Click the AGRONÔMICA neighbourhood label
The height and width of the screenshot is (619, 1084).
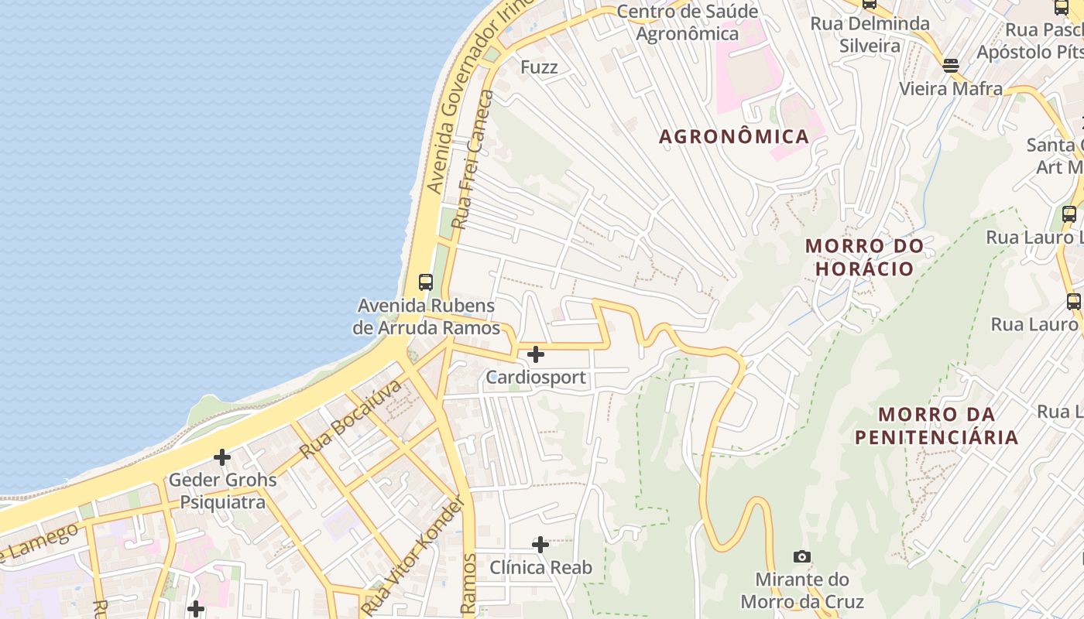point(733,137)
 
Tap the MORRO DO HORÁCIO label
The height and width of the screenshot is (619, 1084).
point(864,258)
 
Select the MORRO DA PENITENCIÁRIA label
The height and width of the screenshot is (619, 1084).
point(936,426)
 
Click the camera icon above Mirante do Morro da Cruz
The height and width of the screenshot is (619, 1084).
point(802,556)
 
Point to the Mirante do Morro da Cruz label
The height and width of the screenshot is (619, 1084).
point(802,590)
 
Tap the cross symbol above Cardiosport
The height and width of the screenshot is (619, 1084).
point(535,355)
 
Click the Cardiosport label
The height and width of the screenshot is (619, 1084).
point(536,378)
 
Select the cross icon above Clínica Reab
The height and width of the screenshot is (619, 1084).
point(540,545)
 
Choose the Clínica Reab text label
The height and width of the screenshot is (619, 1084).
point(540,568)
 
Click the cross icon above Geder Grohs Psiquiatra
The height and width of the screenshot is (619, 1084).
point(222,457)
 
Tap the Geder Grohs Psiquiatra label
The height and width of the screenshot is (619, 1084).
point(222,491)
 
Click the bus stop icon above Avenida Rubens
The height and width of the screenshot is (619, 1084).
point(425,282)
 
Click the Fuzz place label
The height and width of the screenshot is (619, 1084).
point(539,67)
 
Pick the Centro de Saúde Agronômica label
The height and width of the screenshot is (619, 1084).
point(687,22)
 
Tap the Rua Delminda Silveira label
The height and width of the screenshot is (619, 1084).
point(870,35)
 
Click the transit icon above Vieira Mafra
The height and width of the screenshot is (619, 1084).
point(951,66)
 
